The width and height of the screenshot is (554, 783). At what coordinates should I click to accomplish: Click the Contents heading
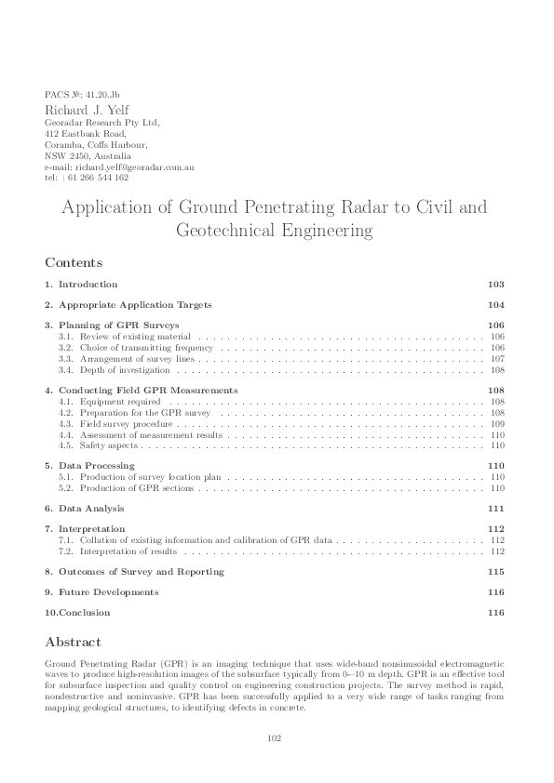(x=74, y=262)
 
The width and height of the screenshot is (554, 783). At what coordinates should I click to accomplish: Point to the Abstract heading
(x=73, y=642)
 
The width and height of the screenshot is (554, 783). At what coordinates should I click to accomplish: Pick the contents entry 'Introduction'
(x=88, y=284)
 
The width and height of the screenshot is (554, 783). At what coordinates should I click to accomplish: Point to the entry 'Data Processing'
(x=96, y=465)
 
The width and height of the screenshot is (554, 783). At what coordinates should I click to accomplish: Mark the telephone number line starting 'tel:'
(x=86, y=177)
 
